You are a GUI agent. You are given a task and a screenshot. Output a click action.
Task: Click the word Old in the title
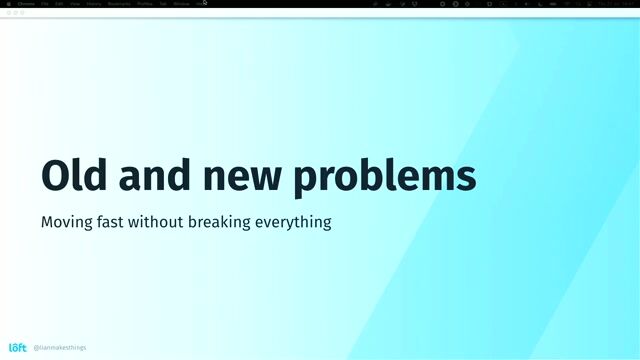click(74, 176)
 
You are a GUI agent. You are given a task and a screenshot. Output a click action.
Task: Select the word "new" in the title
click(244, 176)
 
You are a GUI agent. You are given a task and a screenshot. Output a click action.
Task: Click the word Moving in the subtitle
click(68, 221)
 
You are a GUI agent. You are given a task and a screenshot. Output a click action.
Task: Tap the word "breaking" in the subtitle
click(241, 221)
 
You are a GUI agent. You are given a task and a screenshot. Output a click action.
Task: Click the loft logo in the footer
click(18, 347)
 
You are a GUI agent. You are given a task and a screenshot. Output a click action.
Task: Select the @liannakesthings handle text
click(60, 348)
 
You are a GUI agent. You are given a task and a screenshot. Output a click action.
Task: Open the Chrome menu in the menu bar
click(26, 4)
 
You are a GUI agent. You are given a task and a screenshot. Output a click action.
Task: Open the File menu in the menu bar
click(45, 4)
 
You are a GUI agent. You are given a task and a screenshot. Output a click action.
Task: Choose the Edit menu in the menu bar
click(60, 4)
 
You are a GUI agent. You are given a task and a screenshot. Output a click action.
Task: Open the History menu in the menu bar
click(94, 4)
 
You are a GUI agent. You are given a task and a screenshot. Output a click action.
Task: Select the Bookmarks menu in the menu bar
click(119, 4)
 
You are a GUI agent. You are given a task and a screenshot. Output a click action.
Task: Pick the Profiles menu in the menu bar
click(145, 4)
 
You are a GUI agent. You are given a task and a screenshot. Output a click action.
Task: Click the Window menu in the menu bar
click(181, 4)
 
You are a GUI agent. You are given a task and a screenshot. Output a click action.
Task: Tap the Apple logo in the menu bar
click(7, 4)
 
